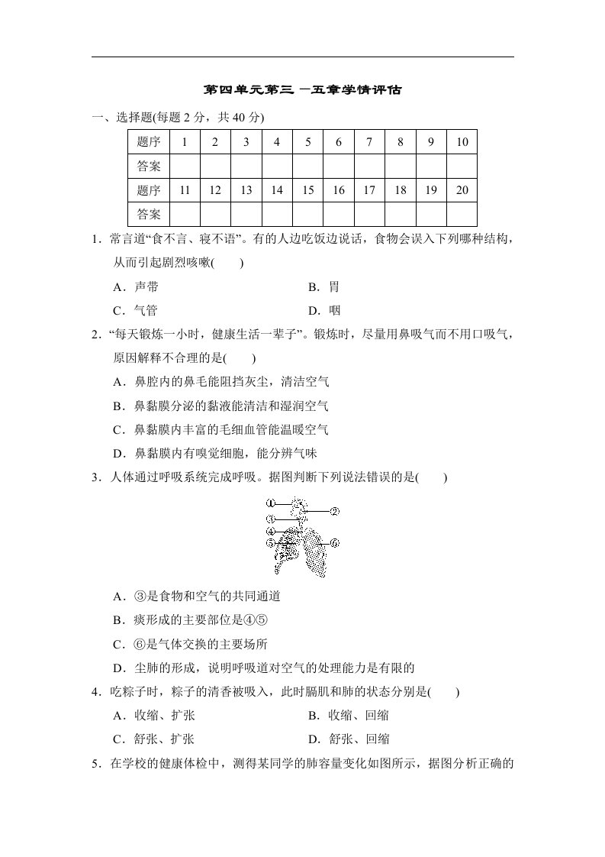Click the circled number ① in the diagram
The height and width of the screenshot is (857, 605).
pos(270,503)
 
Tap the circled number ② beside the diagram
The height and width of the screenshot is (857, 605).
pos(334,511)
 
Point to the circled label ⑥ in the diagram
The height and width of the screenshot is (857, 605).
pos(334,543)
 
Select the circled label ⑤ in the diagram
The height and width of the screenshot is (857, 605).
pos(270,543)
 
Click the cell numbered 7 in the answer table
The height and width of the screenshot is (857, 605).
pos(369,141)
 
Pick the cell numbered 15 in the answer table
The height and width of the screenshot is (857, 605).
pos(308,190)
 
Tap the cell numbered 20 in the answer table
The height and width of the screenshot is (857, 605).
pos(462,190)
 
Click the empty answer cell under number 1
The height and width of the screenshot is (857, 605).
pos(185,166)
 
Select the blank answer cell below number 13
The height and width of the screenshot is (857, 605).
pos(246,214)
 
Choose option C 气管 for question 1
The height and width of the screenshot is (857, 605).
pos(135,310)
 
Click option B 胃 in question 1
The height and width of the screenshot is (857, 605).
pos(324,287)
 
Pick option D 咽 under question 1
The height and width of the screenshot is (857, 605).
pos(324,310)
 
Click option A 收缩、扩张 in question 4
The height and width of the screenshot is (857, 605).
pos(153,716)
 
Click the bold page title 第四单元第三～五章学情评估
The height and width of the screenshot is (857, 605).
pos(302,89)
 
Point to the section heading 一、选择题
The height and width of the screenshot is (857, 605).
pos(122,117)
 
